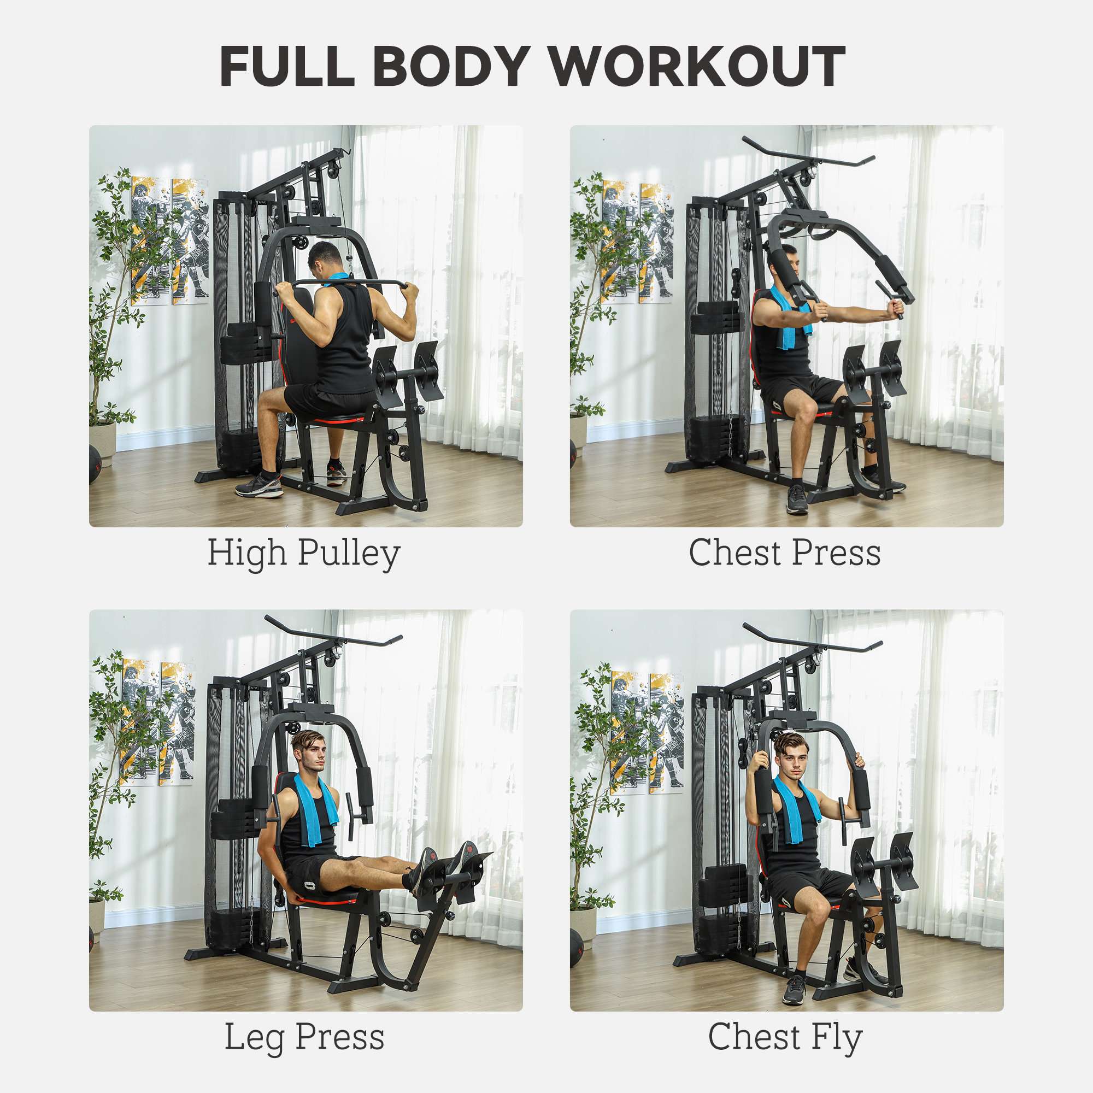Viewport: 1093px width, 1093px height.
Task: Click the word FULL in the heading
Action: pos(287,66)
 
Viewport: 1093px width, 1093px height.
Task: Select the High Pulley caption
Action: pos(304,553)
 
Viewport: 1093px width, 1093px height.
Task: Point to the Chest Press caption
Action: pos(785,553)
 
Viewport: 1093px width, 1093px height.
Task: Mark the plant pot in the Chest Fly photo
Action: pos(583,927)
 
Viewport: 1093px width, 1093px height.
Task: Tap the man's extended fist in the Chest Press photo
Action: pos(895,309)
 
